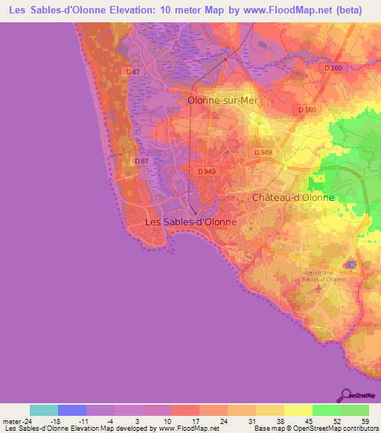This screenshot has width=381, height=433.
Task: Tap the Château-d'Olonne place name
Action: click(293, 198)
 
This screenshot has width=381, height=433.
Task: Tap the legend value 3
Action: click(142, 420)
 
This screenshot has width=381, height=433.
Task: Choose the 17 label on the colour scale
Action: click(199, 420)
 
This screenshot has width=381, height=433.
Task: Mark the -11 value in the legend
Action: click(86, 420)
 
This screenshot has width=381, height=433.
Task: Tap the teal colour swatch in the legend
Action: click(44, 410)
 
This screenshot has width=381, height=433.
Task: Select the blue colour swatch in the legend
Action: click(72, 410)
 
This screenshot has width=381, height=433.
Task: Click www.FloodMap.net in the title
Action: click(272, 10)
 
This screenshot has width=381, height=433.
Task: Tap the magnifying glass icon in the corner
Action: click(345, 395)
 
